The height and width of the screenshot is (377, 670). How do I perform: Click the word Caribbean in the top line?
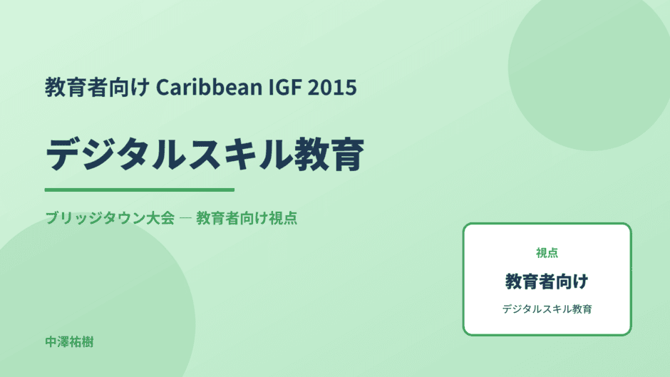pos(209,87)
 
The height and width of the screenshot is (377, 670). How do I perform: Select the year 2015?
pos(332,87)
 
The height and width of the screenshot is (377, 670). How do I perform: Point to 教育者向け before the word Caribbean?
pos(98,87)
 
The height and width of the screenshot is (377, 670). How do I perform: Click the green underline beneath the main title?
pos(139,190)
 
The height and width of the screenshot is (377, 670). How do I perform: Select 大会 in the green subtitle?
pos(160,218)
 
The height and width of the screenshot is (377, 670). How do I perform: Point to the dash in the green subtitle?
pos(185,218)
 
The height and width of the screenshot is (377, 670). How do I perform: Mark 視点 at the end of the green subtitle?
pos(283,218)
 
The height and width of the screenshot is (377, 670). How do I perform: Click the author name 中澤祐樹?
pos(69,342)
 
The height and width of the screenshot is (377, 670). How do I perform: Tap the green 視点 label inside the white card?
pos(547,253)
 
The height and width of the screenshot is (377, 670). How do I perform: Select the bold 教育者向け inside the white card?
pos(547,282)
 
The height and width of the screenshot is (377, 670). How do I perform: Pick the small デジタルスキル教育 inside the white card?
pos(547,309)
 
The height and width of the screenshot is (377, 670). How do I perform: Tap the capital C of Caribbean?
pos(163,87)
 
